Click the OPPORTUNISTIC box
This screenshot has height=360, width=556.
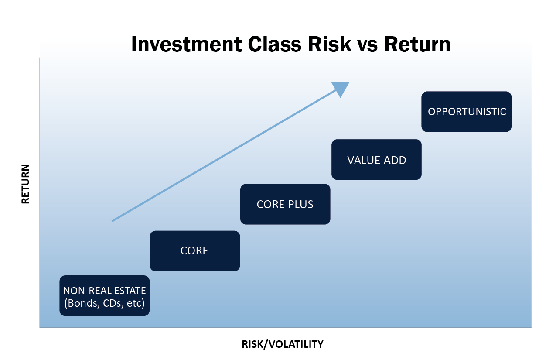coord(466,112)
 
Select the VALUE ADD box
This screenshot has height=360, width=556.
coord(376,160)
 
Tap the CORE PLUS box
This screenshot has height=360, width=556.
coord(285,204)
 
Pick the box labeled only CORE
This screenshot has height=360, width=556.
coord(195,251)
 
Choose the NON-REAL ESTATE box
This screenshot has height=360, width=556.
coord(105,296)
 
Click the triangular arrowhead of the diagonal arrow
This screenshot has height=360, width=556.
coord(341,89)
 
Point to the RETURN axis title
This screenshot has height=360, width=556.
coord(25,184)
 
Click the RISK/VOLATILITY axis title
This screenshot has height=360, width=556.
coord(283,344)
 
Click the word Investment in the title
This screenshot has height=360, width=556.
coord(186,44)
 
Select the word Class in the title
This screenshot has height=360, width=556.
coord(275,44)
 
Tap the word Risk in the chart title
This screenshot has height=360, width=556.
coord(330,44)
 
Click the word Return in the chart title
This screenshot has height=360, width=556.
coord(417,44)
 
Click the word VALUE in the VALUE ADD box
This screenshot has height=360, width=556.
coord(364,160)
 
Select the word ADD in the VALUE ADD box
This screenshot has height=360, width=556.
coord(395,160)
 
